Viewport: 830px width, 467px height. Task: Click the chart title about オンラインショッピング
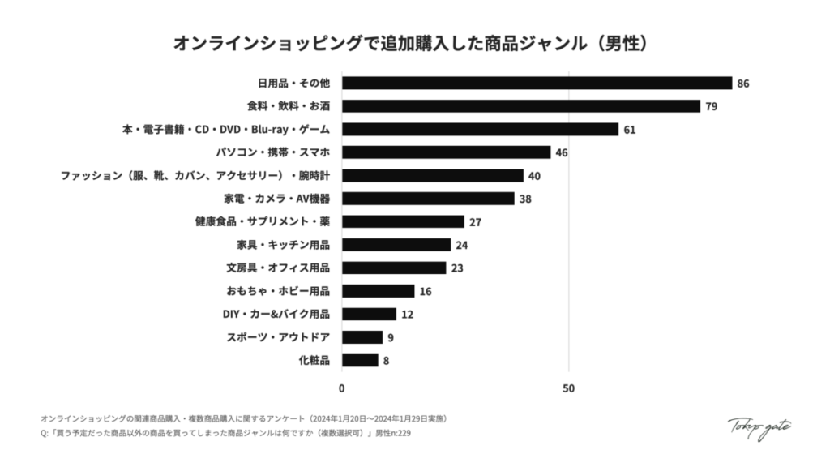click(x=414, y=43)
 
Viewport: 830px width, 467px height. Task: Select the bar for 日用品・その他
click(x=537, y=84)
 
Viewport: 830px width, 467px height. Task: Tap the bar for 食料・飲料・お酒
click(x=520, y=106)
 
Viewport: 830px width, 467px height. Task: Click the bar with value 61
click(x=480, y=130)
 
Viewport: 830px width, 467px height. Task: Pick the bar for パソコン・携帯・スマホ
click(x=446, y=152)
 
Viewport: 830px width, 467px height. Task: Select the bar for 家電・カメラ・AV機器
click(x=428, y=199)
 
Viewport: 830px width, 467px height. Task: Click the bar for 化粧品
click(x=360, y=361)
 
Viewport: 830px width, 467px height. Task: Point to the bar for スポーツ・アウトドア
click(x=362, y=337)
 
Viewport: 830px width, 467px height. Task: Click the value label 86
click(x=743, y=84)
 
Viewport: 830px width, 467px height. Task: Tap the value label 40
click(x=534, y=176)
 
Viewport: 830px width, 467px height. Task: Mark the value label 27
click(x=475, y=222)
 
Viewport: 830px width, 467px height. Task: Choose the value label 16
click(x=426, y=291)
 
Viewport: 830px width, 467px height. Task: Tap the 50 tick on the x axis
click(x=568, y=388)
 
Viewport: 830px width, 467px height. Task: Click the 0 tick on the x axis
click(x=342, y=388)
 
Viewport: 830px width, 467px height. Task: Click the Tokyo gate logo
click(x=759, y=427)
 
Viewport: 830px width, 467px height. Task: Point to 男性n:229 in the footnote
click(x=397, y=434)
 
